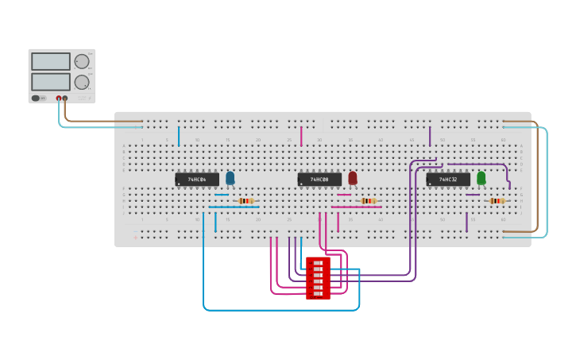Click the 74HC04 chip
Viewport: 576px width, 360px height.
pos(196,180)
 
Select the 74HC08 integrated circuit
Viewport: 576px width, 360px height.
pos(319,180)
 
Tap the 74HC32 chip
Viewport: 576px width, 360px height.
pos(447,180)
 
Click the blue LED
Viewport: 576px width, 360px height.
pos(230,178)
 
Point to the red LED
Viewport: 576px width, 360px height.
pos(353,178)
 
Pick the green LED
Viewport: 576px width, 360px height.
pos(481,178)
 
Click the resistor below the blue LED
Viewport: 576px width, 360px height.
pos(246,201)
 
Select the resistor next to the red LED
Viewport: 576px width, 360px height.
pos(369,201)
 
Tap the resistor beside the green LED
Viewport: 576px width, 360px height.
pos(497,201)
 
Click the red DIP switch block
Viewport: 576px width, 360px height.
pos(319,278)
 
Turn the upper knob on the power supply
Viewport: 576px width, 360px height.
pos(82,62)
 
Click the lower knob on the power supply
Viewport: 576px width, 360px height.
pos(82,82)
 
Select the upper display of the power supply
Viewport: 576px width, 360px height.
pos(51,61)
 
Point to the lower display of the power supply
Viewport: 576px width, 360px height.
pos(51,81)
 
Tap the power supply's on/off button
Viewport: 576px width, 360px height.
pos(37,99)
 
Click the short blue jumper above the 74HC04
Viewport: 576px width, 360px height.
pos(179,136)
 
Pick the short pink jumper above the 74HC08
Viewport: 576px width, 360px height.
pos(301,136)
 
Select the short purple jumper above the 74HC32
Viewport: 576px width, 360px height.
pos(430,136)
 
